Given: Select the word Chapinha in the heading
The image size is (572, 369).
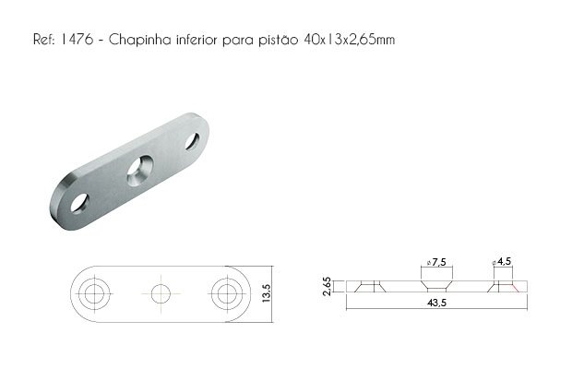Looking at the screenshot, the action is pyautogui.click(x=139, y=39).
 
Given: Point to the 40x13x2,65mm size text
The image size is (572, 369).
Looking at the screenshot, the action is pyautogui.click(x=349, y=39).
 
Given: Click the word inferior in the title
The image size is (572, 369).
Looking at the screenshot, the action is pyautogui.click(x=197, y=39).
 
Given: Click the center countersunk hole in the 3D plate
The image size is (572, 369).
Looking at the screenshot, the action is pyautogui.click(x=139, y=171).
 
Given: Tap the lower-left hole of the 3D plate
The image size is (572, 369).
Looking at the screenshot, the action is pyautogui.click(x=79, y=203).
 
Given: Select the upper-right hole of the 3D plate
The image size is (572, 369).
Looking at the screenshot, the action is pyautogui.click(x=192, y=141).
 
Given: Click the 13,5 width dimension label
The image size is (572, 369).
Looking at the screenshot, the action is pyautogui.click(x=266, y=293).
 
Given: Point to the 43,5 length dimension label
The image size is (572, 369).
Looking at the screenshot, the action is pyautogui.click(x=436, y=303).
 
